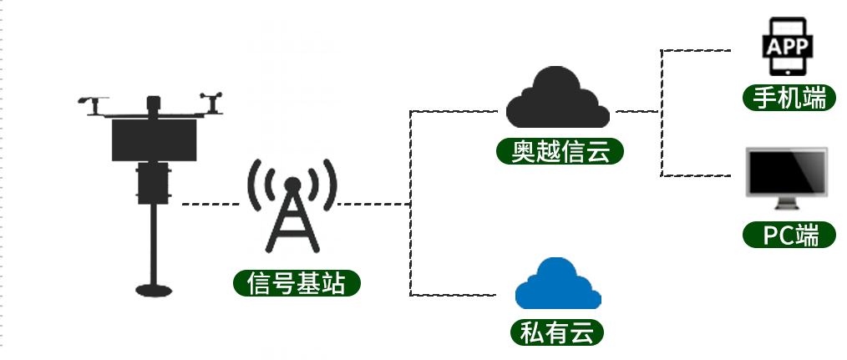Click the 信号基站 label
(x=297, y=282)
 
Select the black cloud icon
(x=557, y=97)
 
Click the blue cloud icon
(x=558, y=283)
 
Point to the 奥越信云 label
(x=560, y=151)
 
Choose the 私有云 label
(x=557, y=332)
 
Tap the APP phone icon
(x=788, y=47)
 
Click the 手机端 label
(x=789, y=98)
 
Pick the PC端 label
(x=789, y=235)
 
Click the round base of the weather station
(x=154, y=291)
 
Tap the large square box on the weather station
(x=154, y=140)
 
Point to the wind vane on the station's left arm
(x=94, y=105)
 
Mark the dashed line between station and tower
(x=210, y=204)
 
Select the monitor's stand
(x=787, y=204)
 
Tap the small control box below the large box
(x=154, y=183)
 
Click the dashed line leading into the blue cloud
(x=453, y=295)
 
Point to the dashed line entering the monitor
(x=696, y=175)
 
